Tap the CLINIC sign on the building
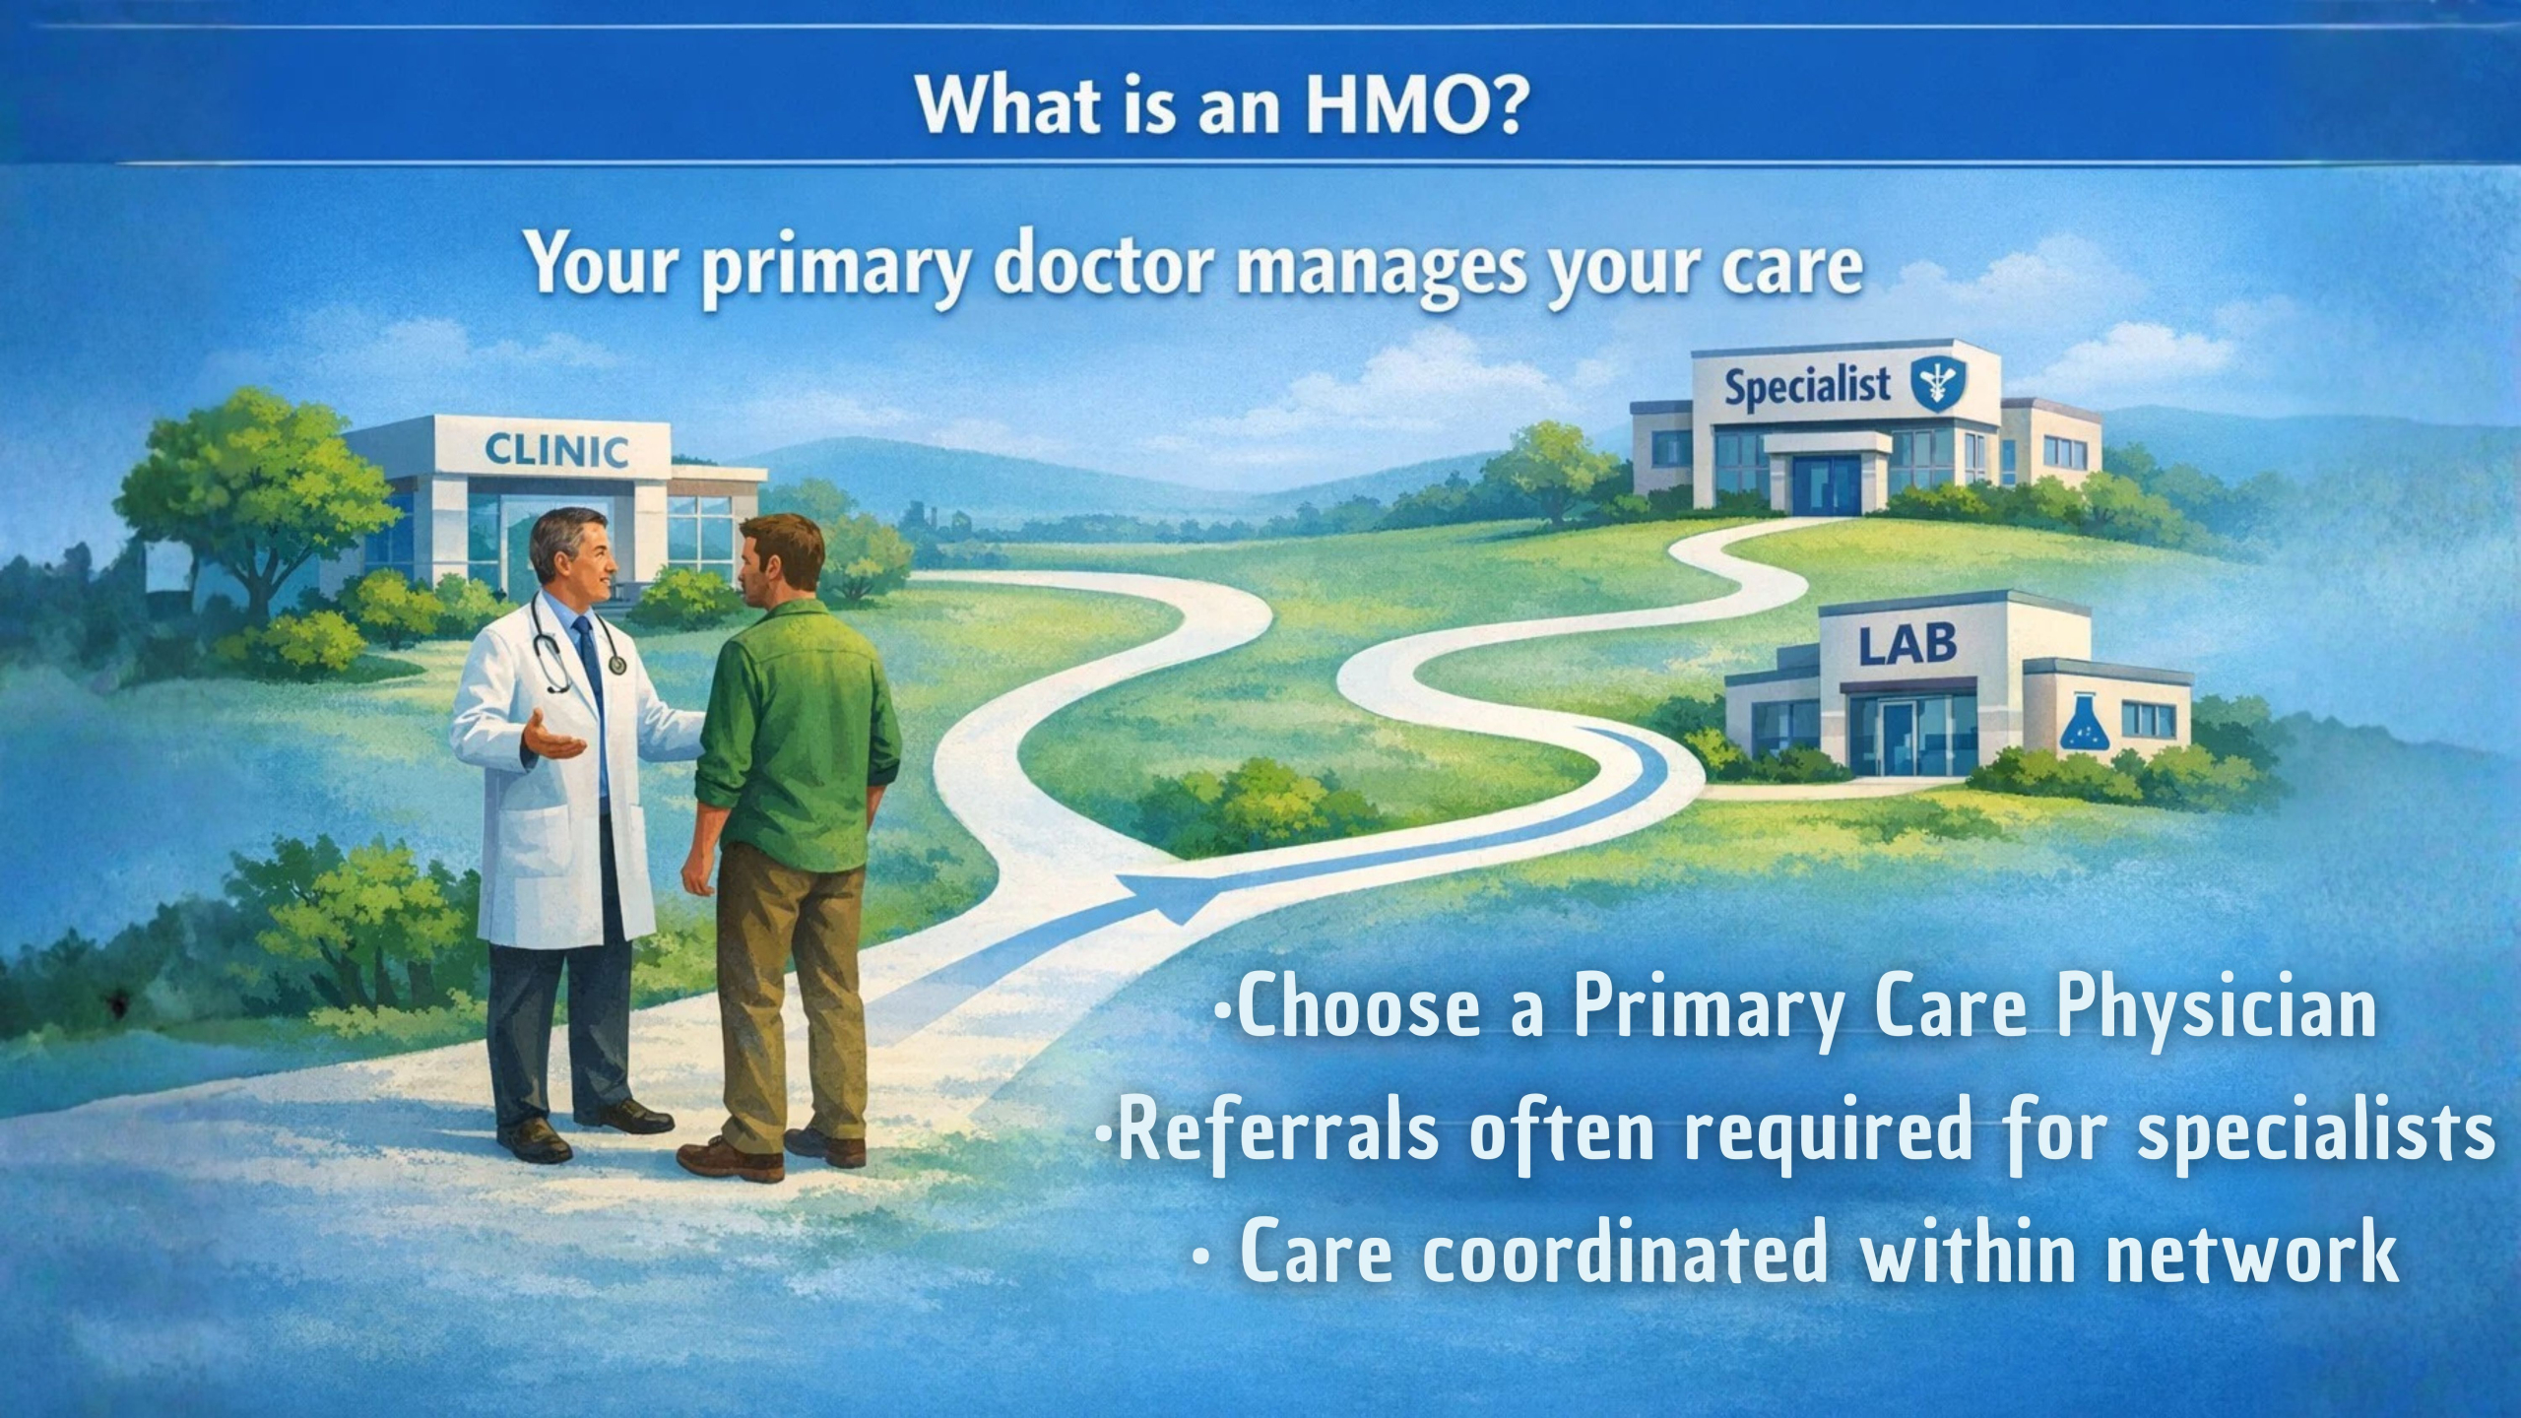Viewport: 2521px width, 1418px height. (556, 452)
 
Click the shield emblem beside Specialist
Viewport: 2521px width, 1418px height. (1934, 384)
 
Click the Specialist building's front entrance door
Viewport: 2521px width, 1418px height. (1826, 483)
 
